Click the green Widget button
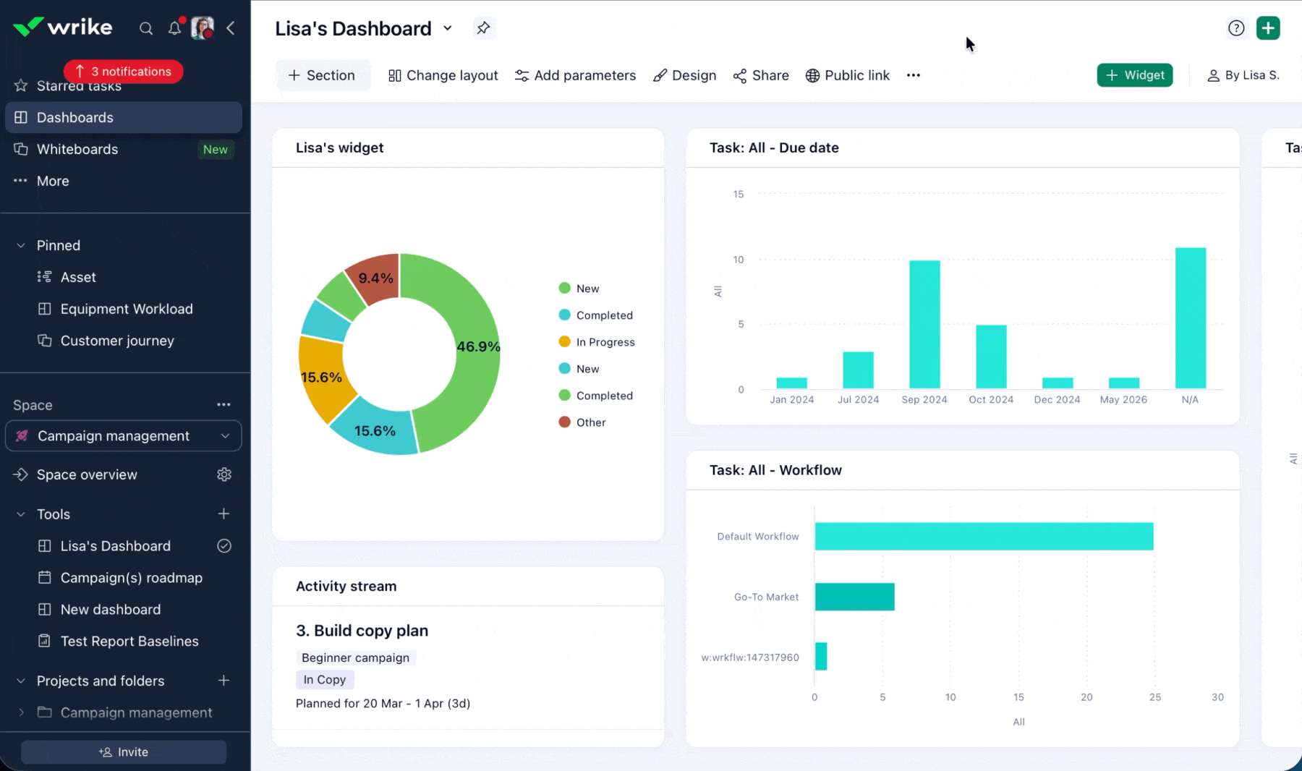coord(1134,75)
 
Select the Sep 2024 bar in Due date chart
coord(924,324)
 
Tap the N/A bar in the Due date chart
coord(1190,318)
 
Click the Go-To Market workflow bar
coord(854,597)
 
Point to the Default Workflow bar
coord(984,536)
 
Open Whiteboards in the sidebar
coord(77,149)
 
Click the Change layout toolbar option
coord(443,75)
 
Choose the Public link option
coord(848,75)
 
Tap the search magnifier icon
coord(146,28)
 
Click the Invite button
coord(124,752)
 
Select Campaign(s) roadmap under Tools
coord(131,578)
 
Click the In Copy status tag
coord(325,680)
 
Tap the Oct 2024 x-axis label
coord(991,400)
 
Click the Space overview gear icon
coord(224,474)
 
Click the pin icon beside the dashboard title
coord(483,28)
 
